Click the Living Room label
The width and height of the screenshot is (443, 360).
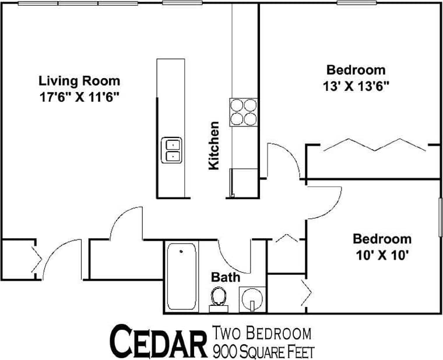click(79, 81)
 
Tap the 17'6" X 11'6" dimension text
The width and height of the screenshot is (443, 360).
click(79, 96)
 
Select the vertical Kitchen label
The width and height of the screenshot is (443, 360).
click(214, 145)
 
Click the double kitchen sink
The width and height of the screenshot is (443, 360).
click(172, 149)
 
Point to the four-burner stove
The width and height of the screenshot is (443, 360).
click(244, 112)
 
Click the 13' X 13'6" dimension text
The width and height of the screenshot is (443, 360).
click(356, 86)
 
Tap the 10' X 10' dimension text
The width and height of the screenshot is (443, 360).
click(382, 255)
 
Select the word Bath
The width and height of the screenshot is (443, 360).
click(226, 277)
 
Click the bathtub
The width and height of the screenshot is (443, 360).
click(182, 277)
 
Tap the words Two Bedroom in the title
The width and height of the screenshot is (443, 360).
click(262, 334)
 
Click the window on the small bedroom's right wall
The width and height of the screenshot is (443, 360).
click(440, 217)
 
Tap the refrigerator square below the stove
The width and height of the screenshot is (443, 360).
click(244, 182)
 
